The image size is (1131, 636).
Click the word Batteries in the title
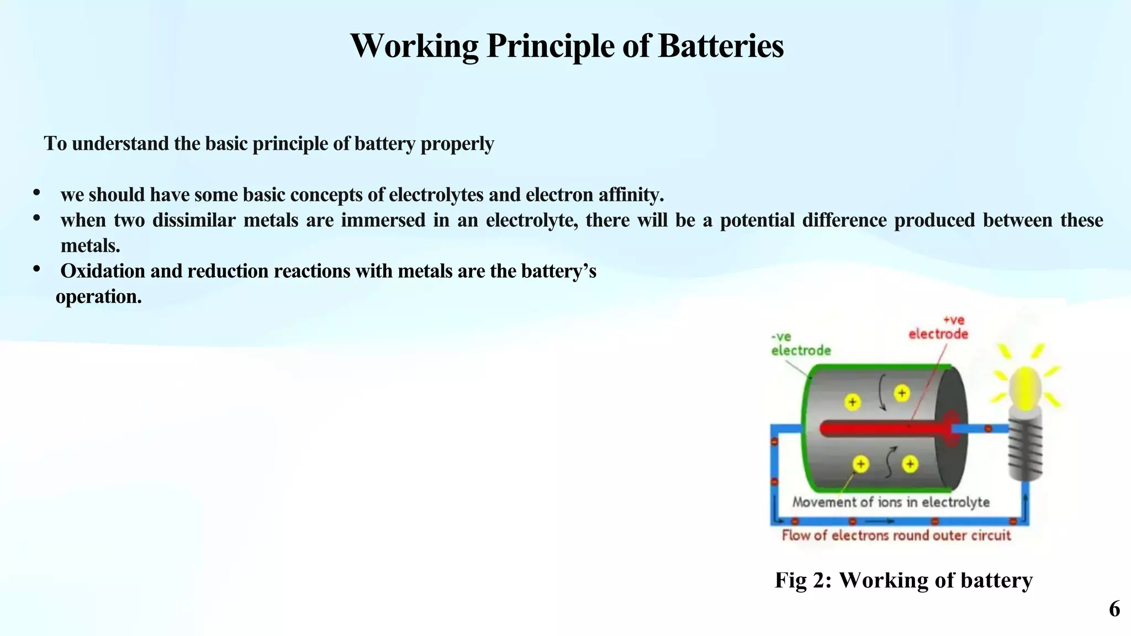click(721, 46)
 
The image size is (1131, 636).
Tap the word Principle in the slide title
click(550, 46)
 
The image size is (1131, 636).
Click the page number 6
click(1114, 609)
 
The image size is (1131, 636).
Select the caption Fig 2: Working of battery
click(903, 580)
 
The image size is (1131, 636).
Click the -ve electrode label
click(800, 343)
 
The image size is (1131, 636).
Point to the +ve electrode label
click(938, 327)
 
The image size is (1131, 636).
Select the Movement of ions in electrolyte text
click(891, 502)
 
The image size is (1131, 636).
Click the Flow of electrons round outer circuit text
click(896, 535)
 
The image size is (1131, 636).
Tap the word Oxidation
click(103, 271)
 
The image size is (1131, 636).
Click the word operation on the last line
click(98, 297)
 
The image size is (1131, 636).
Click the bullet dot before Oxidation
click(36, 269)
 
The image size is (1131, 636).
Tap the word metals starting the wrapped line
click(89, 246)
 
